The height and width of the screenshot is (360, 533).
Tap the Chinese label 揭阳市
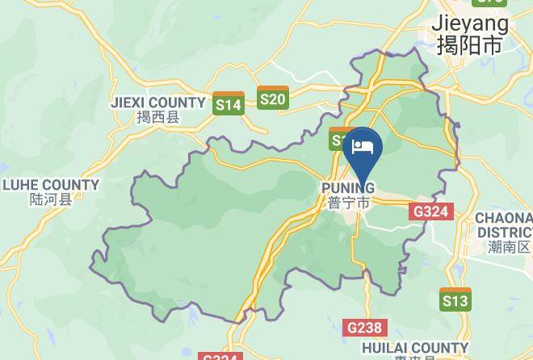click(x=469, y=44)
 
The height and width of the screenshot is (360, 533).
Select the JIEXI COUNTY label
click(x=158, y=103)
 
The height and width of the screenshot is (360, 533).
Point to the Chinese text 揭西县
click(x=158, y=118)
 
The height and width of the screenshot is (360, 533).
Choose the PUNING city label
click(x=348, y=188)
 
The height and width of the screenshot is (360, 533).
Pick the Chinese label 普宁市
click(x=349, y=203)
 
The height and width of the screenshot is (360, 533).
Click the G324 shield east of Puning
click(x=432, y=211)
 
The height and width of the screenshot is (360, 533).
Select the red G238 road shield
click(x=365, y=328)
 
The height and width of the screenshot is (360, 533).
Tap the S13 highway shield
click(x=455, y=299)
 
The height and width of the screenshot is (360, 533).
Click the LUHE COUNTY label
click(x=51, y=185)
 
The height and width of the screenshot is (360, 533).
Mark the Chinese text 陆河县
click(x=51, y=199)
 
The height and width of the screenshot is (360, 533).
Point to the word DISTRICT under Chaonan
click(x=504, y=232)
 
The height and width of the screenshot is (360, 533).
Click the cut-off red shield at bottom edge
click(x=220, y=356)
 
